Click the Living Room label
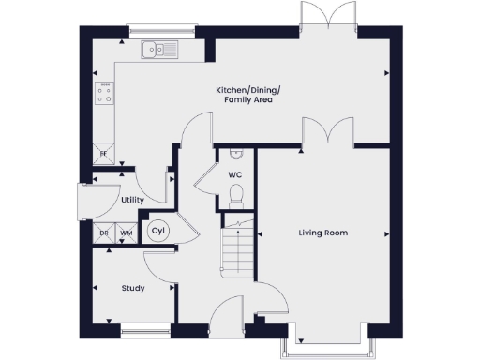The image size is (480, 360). (x=323, y=232)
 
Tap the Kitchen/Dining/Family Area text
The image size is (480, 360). (x=254, y=94)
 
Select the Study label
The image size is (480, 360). (x=133, y=288)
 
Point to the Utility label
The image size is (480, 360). (x=131, y=201)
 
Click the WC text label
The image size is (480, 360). (x=234, y=173)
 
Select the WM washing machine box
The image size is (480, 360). (x=125, y=232)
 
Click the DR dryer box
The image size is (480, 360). (x=104, y=232)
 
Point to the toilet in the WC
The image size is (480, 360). (x=235, y=195)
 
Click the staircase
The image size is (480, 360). (x=235, y=248)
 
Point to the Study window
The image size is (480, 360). (x=145, y=328)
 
